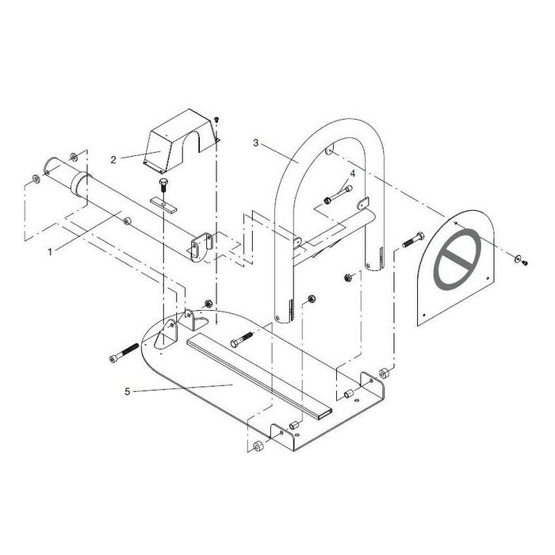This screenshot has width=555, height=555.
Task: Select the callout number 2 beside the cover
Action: pos(113,159)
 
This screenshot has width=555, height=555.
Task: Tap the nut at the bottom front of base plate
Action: pos(258,446)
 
